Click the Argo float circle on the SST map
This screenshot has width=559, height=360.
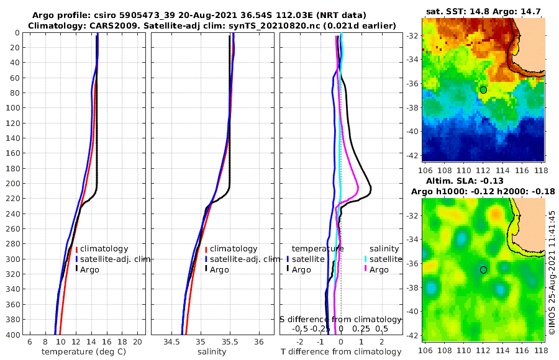(x=483, y=90)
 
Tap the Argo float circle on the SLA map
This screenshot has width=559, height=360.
(x=483, y=270)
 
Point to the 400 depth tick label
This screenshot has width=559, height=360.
(x=12, y=335)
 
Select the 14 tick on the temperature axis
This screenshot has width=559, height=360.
(x=91, y=342)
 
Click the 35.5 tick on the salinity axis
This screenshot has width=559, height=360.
(x=230, y=342)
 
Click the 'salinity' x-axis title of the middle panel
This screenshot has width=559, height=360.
(x=212, y=352)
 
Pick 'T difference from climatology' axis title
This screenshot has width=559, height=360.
(x=341, y=352)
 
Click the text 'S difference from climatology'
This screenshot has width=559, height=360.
(x=340, y=319)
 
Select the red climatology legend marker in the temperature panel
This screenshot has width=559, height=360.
(x=76, y=248)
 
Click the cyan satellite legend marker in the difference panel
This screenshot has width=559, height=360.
(x=366, y=259)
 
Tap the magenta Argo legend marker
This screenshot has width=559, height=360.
(x=366, y=269)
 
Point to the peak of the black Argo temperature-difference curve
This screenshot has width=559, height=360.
(x=371, y=189)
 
